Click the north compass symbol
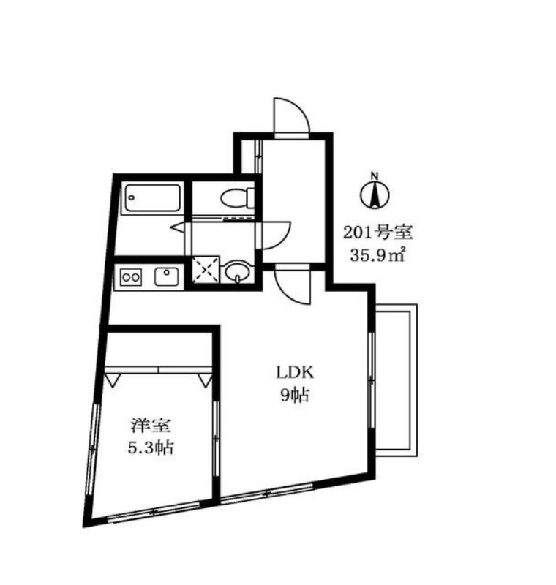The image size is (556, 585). (375, 195)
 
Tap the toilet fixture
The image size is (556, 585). (238, 197)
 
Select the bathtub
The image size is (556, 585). (153, 197)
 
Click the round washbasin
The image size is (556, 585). (236, 271)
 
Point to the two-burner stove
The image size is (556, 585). (130, 277)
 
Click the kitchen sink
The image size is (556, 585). (166, 277)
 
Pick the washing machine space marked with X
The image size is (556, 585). (205, 269)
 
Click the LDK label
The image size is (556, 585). (295, 373)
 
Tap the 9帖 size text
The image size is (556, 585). (295, 396)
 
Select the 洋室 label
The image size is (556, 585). (151, 426)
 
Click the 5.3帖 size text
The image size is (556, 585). (151, 448)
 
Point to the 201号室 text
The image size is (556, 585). (377, 233)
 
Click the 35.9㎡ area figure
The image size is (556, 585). (377, 256)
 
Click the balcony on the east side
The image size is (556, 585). (397, 380)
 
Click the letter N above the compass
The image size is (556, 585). (375, 175)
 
